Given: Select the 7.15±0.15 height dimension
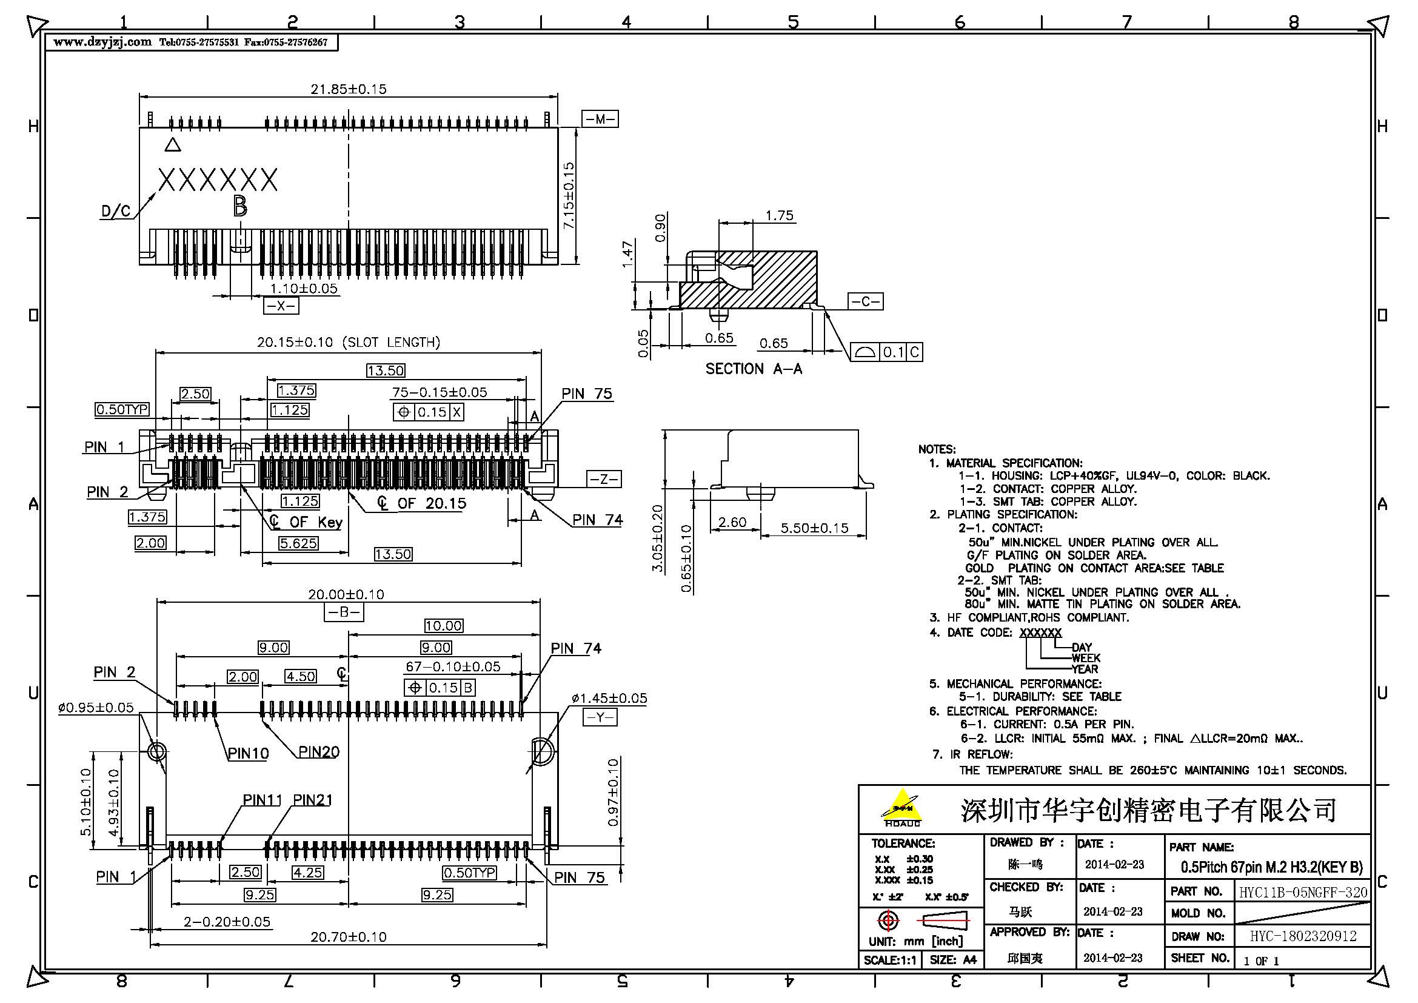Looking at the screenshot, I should pos(569,195).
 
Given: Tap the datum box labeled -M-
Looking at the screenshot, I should pos(599,119).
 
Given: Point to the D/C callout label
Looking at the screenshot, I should pos(116,212).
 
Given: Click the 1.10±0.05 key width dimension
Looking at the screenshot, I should pos(304,289).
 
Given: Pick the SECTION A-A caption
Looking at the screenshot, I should pos(754,369).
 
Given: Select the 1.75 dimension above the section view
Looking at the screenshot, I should pos(779,215).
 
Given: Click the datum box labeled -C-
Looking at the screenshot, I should pos(865,301).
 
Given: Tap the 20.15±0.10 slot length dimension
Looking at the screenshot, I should pos(349,342).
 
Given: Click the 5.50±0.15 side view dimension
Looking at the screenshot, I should pos(814,528).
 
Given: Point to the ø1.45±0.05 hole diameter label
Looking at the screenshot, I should pos(609,699).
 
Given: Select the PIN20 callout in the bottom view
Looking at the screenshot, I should pos(319,751).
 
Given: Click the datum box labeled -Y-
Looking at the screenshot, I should pos(599,717).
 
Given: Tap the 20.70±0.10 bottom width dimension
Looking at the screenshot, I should pos(349,937).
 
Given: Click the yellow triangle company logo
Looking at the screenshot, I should pos(902,806).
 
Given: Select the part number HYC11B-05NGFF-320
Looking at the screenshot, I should pos(1302,893).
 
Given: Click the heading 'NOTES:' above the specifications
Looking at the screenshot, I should pos(936,449).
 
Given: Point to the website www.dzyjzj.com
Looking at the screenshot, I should pos(102,42).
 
